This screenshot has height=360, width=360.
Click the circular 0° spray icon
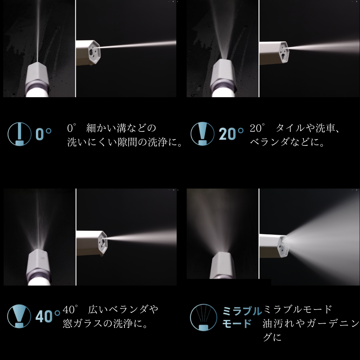[x=19, y=134]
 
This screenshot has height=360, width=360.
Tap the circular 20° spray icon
[x=202, y=134]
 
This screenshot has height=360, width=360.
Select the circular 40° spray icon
[x=19, y=316]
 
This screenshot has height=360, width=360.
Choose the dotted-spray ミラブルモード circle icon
[x=203, y=317]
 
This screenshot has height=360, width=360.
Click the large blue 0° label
[x=44, y=134]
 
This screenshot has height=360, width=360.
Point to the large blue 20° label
[x=231, y=134]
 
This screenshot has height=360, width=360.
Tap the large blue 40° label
[x=48, y=316]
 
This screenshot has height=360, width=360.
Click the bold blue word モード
[x=237, y=324]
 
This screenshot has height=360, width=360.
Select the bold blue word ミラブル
[x=242, y=311]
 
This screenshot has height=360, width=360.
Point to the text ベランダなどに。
[x=287, y=142]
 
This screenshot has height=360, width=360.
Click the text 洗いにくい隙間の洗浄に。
[x=125, y=142]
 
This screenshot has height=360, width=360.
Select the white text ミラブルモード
[x=298, y=310]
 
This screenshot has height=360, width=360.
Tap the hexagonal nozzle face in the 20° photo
[x=284, y=52]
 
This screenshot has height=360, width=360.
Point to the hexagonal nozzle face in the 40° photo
[x=103, y=242]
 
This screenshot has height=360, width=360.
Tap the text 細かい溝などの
[x=121, y=128]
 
